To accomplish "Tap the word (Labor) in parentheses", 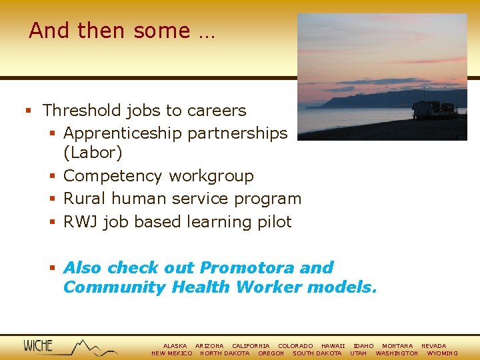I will [x=93, y=153].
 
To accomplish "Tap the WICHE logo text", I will [x=38, y=346].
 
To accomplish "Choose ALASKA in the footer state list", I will [x=175, y=346].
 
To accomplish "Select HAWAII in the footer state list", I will [x=333, y=346].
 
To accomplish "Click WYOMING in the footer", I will [x=442, y=353].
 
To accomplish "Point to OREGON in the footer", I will [x=271, y=353].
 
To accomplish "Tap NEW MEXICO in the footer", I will [x=172, y=353].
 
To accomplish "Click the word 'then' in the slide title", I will [x=103, y=31].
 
